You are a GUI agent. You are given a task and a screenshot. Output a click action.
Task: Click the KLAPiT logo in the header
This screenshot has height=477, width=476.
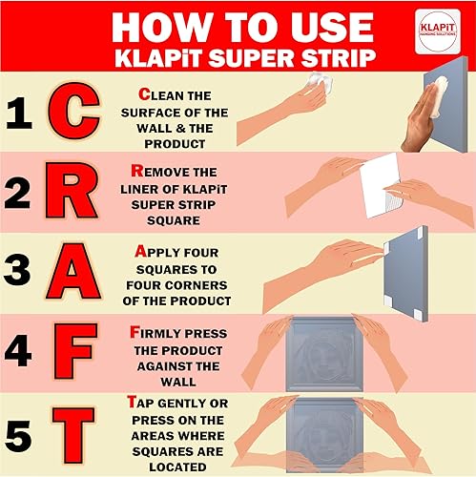(x=438, y=31)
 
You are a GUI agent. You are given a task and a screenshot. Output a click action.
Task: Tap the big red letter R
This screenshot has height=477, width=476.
(x=71, y=190)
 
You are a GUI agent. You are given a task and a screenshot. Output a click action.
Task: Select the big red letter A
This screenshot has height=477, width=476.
(x=73, y=271)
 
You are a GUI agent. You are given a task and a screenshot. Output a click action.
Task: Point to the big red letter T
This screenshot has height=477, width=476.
(x=73, y=435)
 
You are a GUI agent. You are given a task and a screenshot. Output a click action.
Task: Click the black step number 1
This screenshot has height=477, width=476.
(x=19, y=113)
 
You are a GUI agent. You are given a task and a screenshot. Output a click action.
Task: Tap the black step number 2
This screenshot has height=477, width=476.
(x=17, y=193)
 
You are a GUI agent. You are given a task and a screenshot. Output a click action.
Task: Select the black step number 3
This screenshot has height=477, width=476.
(x=17, y=269)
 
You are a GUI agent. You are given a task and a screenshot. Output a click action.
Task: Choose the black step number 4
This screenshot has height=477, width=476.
(x=18, y=350)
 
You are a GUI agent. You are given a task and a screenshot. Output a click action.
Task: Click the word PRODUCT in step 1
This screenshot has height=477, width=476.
(x=175, y=144)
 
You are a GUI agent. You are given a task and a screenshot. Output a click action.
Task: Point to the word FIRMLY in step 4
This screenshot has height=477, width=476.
(x=155, y=333)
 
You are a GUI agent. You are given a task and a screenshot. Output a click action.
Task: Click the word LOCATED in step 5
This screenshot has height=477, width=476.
(x=177, y=467)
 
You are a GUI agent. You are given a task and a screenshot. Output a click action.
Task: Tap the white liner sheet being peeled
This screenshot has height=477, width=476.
(x=382, y=185)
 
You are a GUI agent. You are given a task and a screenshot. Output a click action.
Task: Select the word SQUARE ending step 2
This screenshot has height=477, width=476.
(x=174, y=220)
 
